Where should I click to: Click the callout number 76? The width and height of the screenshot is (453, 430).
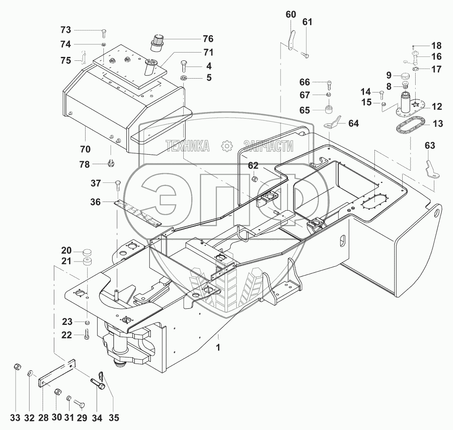click(208, 39)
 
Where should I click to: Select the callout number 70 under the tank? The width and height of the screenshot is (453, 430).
click(85, 149)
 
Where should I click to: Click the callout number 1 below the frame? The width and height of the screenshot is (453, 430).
click(218, 347)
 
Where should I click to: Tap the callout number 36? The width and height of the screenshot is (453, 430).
click(96, 202)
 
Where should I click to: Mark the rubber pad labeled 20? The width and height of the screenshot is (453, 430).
click(88, 252)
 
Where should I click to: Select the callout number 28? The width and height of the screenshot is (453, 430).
click(43, 418)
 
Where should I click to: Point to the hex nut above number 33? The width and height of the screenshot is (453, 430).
click(17, 367)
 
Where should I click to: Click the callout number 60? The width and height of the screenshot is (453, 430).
click(291, 14)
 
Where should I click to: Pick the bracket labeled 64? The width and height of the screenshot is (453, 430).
click(332, 122)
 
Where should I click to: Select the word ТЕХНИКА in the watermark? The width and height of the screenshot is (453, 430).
click(188, 146)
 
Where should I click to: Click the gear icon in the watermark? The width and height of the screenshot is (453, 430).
click(227, 146)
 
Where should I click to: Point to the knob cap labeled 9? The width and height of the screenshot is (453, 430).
click(406, 76)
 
